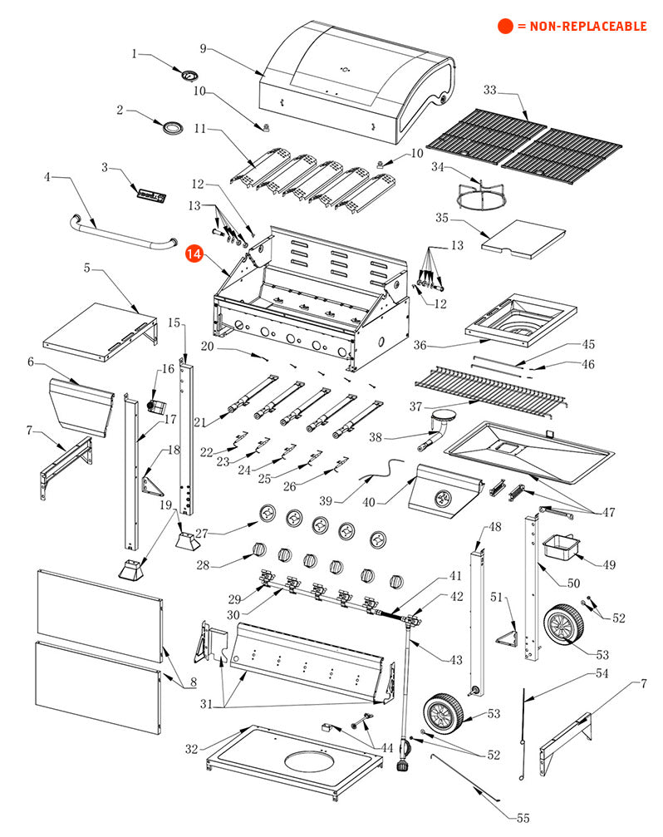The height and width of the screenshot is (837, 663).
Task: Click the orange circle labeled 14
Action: tap(194, 254)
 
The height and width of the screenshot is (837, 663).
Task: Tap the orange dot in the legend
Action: tap(505, 26)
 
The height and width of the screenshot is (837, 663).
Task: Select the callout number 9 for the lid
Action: tap(203, 50)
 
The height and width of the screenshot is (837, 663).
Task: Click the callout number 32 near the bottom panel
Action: tap(192, 749)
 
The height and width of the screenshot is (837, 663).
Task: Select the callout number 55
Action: tap(523, 818)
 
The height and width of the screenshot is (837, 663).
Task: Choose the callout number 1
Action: tap(135, 54)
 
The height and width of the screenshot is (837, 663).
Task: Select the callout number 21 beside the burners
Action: tap(199, 422)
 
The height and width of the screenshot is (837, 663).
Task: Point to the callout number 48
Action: tap(495, 527)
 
